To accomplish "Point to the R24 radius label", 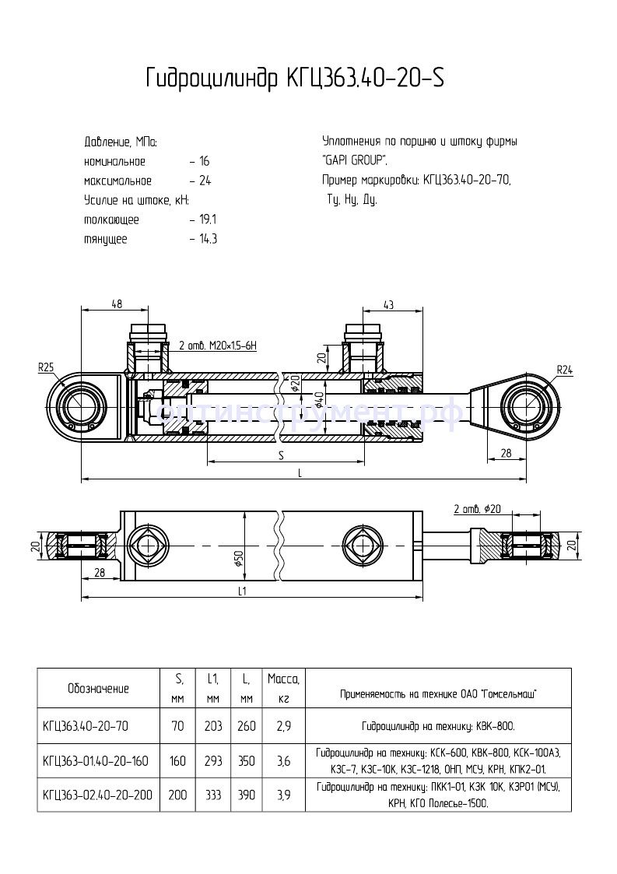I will click(564, 370).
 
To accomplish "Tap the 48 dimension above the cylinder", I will click(117, 305).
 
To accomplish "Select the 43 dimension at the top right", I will click(389, 304).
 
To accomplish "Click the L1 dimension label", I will click(242, 591).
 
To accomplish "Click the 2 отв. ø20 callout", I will click(478, 509).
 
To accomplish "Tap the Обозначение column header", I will click(98, 688).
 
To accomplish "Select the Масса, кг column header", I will click(283, 688).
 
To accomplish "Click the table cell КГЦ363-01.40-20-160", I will click(96, 760).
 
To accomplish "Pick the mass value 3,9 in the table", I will click(283, 795).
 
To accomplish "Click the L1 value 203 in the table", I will click(212, 726).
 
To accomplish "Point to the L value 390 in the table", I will click(247, 795).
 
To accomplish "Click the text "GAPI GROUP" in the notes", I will click(355, 161).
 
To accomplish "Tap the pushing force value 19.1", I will click(208, 219).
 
